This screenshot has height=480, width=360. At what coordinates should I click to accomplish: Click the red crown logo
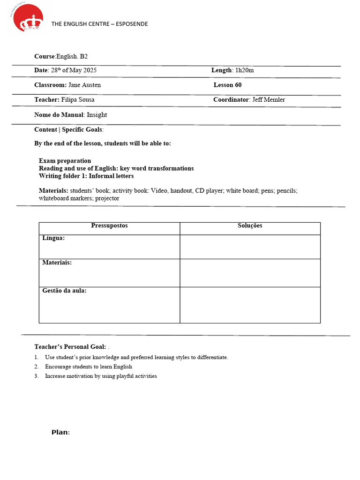28,18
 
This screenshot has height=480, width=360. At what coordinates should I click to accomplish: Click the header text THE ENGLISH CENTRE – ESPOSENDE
99,24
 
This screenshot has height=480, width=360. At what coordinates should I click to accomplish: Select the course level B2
83,56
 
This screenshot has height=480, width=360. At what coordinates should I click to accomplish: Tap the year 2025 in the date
90,70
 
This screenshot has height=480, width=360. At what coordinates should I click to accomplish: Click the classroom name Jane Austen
84,85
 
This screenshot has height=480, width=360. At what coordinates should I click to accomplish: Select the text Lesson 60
227,85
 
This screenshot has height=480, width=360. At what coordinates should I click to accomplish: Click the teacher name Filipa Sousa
78,100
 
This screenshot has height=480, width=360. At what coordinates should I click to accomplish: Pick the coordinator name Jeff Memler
268,100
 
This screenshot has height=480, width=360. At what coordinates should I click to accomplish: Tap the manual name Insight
97,115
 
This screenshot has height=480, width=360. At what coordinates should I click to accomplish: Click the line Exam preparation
65,161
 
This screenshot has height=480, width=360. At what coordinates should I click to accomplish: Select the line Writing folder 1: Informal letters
86,176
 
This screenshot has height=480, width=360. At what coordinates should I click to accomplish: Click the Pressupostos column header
109,226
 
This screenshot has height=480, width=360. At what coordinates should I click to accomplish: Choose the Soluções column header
250,226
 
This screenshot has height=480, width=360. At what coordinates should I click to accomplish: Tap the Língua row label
53,238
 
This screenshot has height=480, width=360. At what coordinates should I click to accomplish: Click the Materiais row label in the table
57,262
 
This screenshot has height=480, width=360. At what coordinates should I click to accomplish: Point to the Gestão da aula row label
64,291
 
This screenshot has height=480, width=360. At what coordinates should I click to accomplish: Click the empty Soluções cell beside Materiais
250,273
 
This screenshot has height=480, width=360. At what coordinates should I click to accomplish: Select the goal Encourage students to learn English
89,367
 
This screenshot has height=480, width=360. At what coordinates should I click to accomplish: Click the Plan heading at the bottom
60,432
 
